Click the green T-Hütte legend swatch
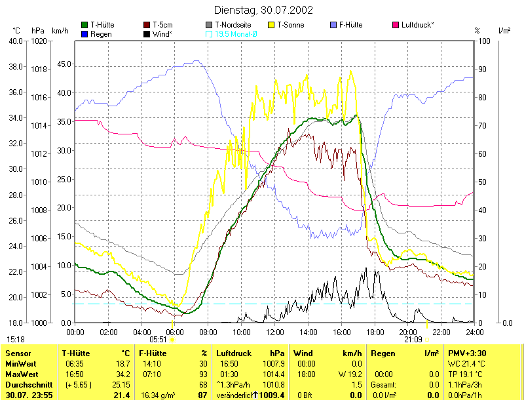click(x=84, y=25)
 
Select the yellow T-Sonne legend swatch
click(x=272, y=25)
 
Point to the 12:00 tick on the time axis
click(x=274, y=332)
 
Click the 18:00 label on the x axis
click(x=375, y=332)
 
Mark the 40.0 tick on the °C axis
click(x=16, y=41)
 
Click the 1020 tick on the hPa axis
click(x=39, y=41)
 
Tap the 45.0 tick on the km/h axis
click(x=64, y=64)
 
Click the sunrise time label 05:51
click(x=159, y=340)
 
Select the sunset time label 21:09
click(x=413, y=340)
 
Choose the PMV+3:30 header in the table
click(x=465, y=353)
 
